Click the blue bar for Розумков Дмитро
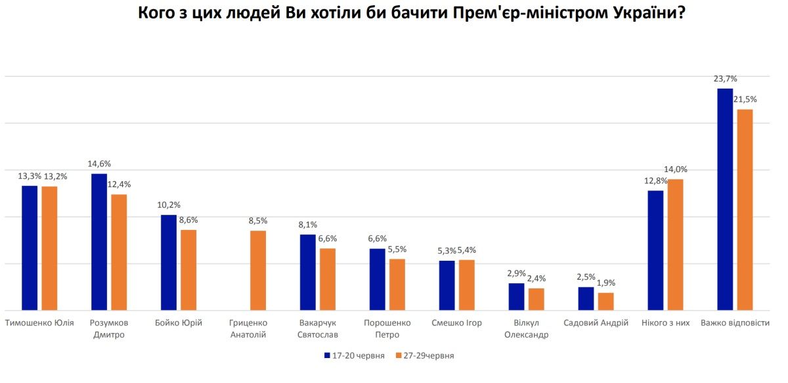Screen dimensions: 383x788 99,242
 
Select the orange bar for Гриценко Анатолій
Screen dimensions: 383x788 258,270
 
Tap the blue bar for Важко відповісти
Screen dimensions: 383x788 725,199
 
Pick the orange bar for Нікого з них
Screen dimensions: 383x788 676,244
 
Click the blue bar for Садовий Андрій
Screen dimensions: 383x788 586,298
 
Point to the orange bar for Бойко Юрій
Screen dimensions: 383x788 188,270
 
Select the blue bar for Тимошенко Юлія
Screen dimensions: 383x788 30,248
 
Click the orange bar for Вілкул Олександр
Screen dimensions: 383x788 536,299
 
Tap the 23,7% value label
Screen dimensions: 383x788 726,79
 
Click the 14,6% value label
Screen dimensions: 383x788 100,164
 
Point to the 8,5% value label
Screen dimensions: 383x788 257,221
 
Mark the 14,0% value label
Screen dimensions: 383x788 676,169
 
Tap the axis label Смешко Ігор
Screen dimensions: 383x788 456,323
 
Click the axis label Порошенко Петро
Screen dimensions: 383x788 387,328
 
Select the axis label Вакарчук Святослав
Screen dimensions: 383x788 317,328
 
